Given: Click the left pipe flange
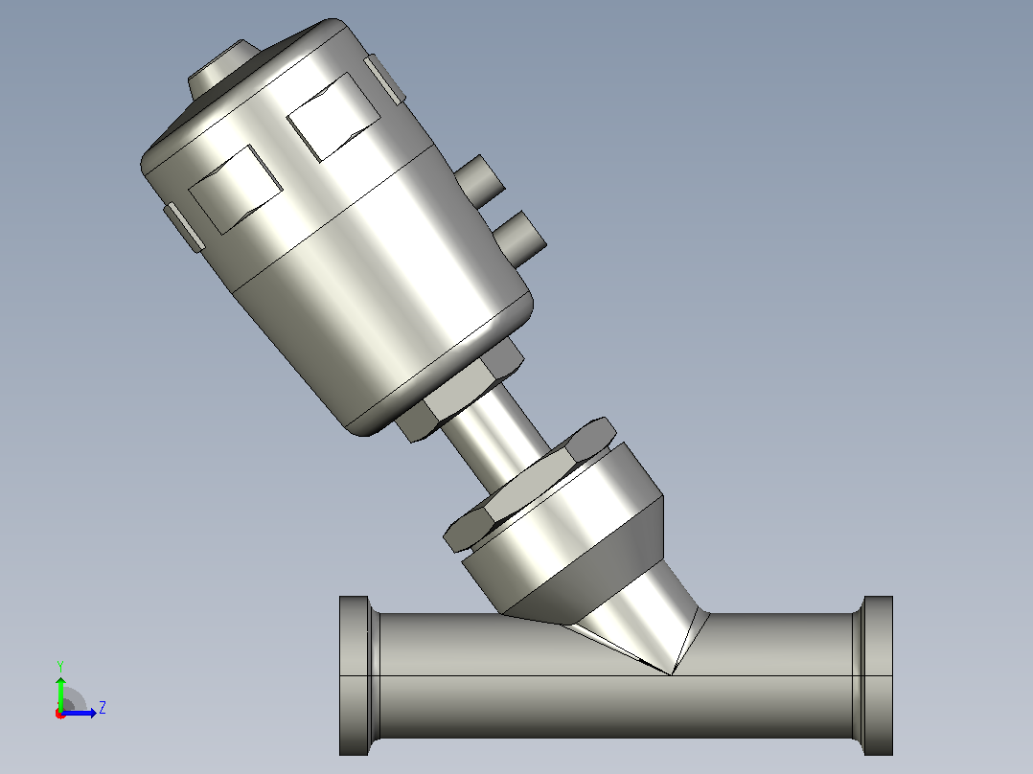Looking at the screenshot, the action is [355, 676].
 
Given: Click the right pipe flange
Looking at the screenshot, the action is [878, 676].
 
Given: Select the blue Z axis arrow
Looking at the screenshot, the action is [79, 713].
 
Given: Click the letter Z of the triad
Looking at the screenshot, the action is [103, 708].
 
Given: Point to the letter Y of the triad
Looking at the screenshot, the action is [60, 666].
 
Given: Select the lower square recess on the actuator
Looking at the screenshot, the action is [236, 190].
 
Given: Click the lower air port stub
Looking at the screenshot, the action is [520, 238].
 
